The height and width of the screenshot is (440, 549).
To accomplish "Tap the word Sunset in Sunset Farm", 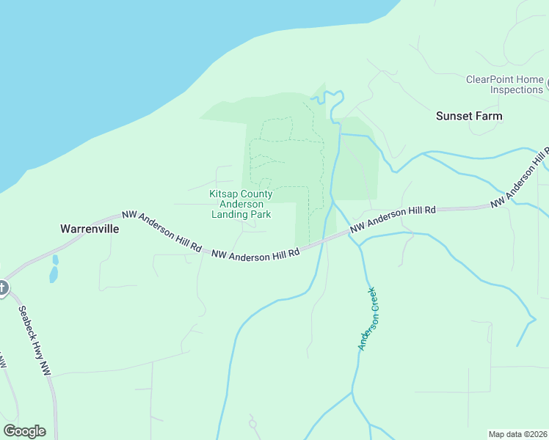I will click(452, 116).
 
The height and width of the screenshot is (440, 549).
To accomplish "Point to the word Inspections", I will click(516, 89).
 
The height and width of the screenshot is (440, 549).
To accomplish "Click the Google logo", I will click(24, 431).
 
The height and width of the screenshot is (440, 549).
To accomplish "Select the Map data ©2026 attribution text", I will click(517, 433).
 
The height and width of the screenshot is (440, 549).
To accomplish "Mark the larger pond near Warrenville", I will click(53, 275).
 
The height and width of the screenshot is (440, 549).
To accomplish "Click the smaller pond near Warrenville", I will click(55, 260).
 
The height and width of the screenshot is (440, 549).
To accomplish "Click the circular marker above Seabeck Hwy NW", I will click(2, 287).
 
